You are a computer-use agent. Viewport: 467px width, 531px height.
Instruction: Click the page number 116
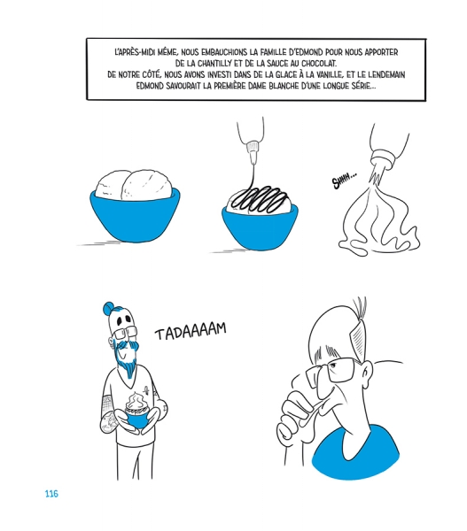coord(51,494)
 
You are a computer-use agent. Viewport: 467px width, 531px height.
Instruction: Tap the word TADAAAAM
coord(191,331)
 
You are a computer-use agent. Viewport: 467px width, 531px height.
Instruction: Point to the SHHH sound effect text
coord(344,181)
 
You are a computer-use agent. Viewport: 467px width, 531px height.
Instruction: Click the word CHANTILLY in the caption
coord(214,64)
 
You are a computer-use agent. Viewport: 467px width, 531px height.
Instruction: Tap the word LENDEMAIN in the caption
coord(386,74)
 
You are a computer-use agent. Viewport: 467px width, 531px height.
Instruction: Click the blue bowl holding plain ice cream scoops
coord(135,215)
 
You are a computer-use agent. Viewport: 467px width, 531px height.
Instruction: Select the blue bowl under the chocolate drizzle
coord(260,227)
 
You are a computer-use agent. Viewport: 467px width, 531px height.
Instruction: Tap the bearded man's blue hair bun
coord(108,308)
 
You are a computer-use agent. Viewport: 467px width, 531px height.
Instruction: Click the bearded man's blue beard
coord(128,359)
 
